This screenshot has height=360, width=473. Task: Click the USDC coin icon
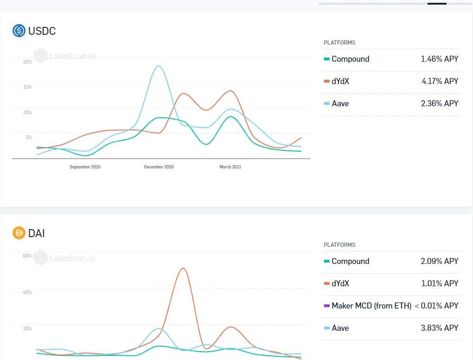point(19,31)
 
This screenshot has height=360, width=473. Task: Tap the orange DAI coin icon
point(19,233)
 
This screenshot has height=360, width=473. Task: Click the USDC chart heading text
point(42,31)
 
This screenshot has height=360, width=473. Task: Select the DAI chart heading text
point(37,233)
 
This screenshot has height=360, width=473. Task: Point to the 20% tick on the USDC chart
point(27,62)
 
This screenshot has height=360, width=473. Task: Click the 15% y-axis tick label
point(27,87)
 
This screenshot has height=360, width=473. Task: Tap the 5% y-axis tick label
point(28,137)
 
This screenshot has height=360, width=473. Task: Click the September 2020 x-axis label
point(85,167)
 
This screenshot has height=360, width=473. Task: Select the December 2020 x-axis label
point(159,167)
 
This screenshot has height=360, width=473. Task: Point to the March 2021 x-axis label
point(230,167)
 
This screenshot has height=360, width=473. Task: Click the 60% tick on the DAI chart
point(27,256)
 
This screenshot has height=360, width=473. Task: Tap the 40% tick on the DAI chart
point(27,292)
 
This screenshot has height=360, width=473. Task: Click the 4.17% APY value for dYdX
point(439,81)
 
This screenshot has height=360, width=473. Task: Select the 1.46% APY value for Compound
point(439,59)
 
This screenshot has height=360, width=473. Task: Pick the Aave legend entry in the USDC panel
point(340,103)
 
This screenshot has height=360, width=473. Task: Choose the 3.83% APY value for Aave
point(439,328)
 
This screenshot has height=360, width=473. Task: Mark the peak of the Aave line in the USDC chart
point(159,66)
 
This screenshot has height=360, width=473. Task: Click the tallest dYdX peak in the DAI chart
point(183,268)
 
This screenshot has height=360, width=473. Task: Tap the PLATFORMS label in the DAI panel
point(339,245)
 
